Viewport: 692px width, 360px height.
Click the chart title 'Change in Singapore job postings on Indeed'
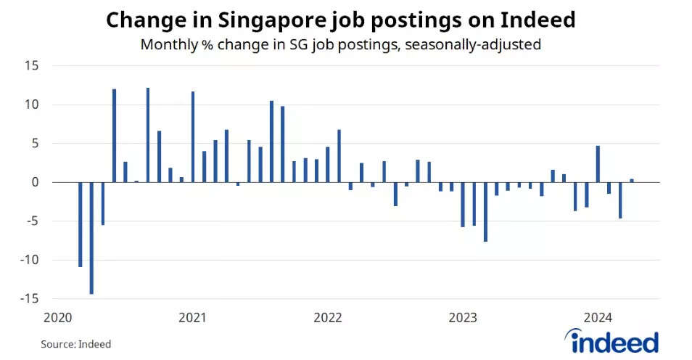[x=340, y=20]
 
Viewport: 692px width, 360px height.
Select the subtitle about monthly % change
[x=340, y=45]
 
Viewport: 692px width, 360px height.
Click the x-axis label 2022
[x=328, y=317]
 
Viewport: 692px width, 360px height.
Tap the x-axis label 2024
[x=598, y=317]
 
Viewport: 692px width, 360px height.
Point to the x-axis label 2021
[x=192, y=317]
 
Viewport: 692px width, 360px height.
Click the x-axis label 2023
[x=463, y=317]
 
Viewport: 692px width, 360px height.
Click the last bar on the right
[x=631, y=181]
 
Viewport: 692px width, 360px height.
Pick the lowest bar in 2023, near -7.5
[x=485, y=211]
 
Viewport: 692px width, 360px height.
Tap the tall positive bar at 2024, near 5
[x=598, y=164]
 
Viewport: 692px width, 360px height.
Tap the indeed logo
[x=612, y=341]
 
